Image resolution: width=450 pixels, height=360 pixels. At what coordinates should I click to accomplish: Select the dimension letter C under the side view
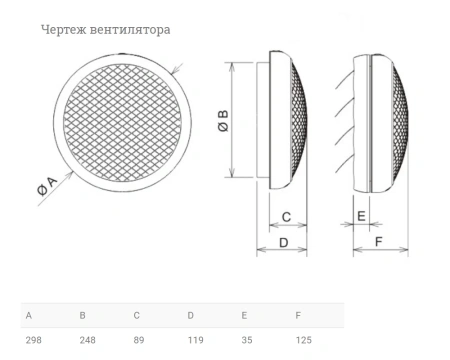point(285,217)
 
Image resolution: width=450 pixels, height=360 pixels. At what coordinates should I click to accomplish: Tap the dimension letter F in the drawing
point(377,242)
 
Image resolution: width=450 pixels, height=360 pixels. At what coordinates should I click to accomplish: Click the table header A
point(28,315)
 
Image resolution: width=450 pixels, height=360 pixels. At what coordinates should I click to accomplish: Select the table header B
point(83,315)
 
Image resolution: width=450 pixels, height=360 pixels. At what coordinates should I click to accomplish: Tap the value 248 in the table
point(87,341)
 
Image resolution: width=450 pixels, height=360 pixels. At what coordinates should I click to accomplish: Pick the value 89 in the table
point(139,341)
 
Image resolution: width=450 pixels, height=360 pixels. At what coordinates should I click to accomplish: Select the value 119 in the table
point(196,341)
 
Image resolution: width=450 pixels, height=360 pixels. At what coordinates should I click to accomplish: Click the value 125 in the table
point(304,341)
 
